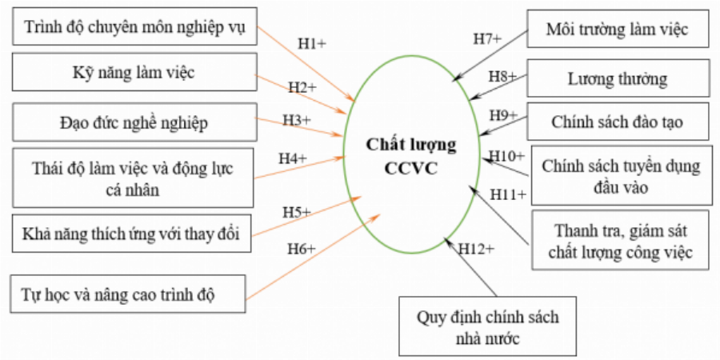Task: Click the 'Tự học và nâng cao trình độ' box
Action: (x=129, y=294)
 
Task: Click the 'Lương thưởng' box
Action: (x=617, y=79)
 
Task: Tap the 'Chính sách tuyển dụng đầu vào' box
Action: (x=621, y=177)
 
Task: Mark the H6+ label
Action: (x=302, y=249)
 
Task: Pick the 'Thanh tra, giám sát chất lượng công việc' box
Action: (x=621, y=242)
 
